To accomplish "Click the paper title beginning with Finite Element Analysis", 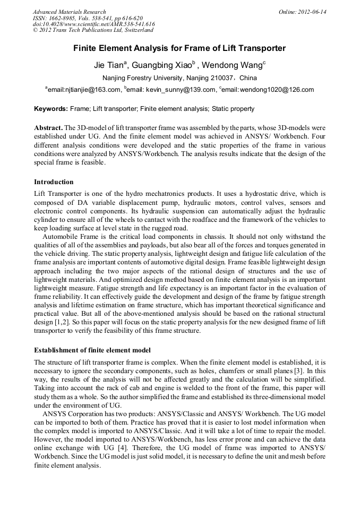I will click(179, 48).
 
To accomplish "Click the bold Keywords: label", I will click(51, 109).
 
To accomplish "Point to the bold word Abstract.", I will click(48, 128).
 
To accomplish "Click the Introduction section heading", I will click(54, 182).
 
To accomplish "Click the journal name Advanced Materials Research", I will click(69, 12).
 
